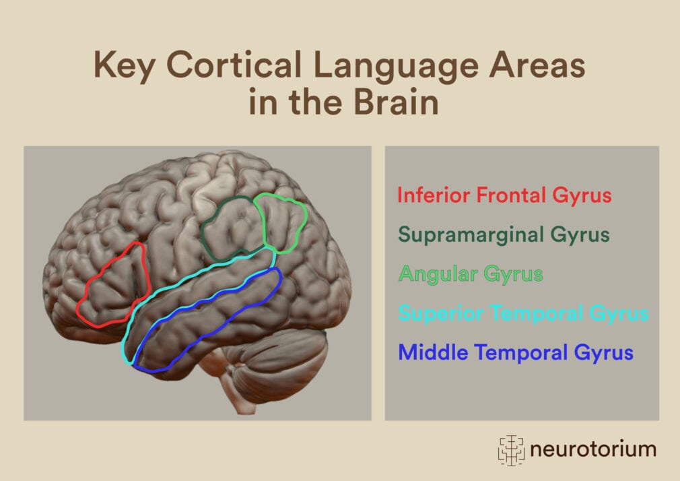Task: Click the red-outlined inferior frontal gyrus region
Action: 113,286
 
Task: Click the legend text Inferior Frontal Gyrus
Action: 504,196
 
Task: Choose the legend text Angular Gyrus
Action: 471,274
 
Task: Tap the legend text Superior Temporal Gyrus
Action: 523,313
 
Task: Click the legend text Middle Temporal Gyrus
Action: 516,352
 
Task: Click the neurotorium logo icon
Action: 511,449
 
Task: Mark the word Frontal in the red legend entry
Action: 512,196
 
